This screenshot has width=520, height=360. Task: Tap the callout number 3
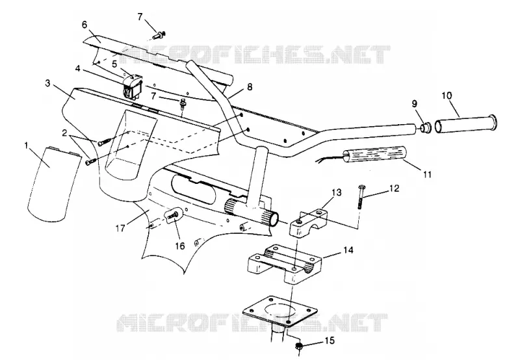(x=47, y=83)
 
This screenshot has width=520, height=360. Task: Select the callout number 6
(x=84, y=25)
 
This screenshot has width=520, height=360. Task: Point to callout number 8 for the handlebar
(x=250, y=87)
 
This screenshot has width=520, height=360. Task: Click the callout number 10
(x=447, y=96)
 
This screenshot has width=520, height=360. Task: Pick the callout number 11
(x=428, y=174)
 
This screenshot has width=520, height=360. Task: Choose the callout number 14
(x=348, y=250)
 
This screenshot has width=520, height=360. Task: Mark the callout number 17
(x=120, y=228)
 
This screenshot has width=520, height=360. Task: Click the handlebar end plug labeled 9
(x=425, y=127)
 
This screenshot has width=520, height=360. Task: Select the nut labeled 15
(x=299, y=347)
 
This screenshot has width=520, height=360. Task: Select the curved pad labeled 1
(x=53, y=184)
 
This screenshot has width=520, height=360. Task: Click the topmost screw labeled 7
(x=160, y=34)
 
